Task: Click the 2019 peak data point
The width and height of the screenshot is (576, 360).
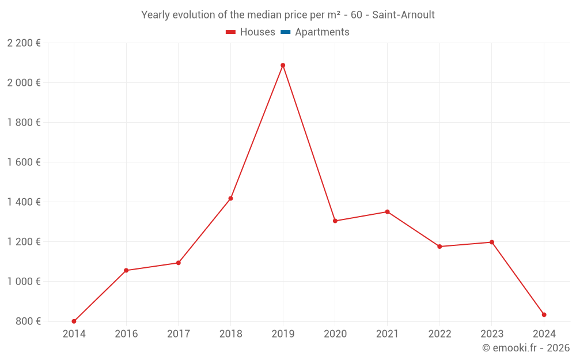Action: point(283,66)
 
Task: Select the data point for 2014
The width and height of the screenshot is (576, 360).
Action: point(74,321)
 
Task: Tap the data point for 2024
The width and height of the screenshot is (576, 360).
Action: point(544,315)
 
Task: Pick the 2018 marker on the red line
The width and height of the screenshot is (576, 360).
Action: point(230,199)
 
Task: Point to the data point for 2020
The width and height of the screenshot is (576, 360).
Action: point(335,221)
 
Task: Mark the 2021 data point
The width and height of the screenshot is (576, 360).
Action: point(387,212)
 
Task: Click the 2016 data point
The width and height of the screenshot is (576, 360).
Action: point(126,271)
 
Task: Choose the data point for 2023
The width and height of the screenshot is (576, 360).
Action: point(492,242)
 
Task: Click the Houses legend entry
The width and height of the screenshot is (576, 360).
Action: point(257,32)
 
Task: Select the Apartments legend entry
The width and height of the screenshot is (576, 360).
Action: point(322,32)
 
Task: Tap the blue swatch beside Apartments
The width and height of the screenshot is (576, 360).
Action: point(285,32)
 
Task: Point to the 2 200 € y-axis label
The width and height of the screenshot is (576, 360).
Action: point(24,43)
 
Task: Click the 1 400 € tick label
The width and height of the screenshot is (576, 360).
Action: point(24,202)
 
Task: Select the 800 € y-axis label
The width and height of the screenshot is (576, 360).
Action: point(28,321)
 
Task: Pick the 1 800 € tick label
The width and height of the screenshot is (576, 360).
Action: point(24,123)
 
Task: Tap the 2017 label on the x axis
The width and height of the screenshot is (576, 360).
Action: point(178,334)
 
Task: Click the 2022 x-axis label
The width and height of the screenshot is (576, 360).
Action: point(439,334)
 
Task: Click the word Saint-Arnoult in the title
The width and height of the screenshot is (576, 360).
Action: point(403,15)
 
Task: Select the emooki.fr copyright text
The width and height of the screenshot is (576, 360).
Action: point(526,348)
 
